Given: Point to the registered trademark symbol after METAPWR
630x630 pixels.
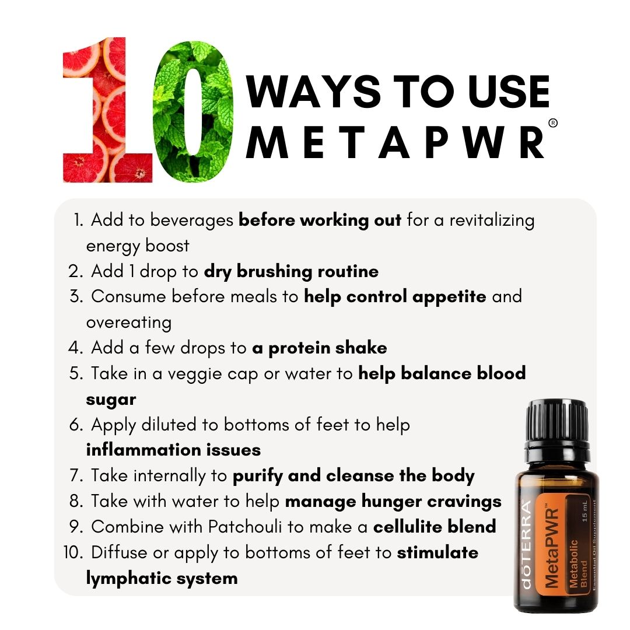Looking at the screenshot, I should [x=553, y=123].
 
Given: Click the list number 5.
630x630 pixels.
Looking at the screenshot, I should [x=76, y=373].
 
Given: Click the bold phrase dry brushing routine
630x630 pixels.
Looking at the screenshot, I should [x=291, y=271].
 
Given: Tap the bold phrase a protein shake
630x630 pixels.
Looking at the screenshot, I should [x=320, y=348].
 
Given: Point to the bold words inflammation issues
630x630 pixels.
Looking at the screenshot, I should [x=173, y=450].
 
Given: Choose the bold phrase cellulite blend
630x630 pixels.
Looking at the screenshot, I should [x=435, y=526].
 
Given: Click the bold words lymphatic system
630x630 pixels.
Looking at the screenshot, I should [x=162, y=578].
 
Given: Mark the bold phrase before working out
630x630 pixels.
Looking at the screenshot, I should [x=320, y=220].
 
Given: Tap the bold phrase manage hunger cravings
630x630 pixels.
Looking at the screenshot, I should [x=393, y=501].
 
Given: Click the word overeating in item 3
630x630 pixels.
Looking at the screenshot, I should [x=128, y=323].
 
